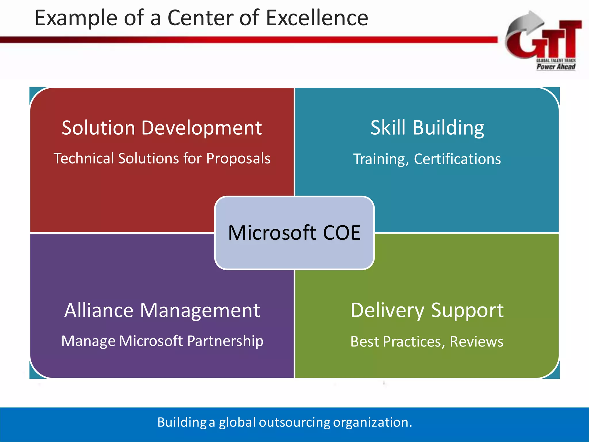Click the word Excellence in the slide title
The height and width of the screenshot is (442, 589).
(x=317, y=18)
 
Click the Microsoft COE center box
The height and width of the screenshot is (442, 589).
(x=294, y=233)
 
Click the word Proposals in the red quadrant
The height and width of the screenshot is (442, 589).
(x=238, y=158)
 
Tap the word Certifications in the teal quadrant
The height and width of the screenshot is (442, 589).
(x=457, y=159)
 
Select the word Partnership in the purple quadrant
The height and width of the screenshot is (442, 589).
(x=225, y=341)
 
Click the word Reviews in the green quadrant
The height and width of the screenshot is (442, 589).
(x=476, y=342)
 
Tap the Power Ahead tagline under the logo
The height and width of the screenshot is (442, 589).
(x=556, y=67)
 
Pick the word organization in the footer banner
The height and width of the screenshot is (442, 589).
(x=372, y=422)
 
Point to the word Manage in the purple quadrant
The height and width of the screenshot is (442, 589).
(x=88, y=341)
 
